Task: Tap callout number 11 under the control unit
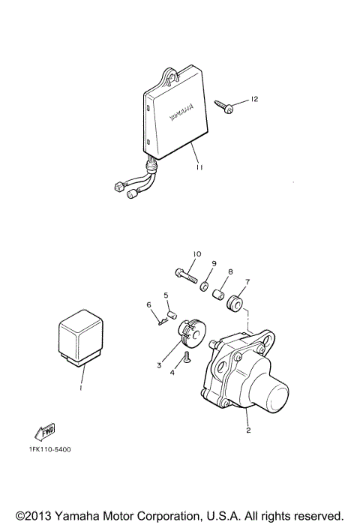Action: click(x=197, y=169)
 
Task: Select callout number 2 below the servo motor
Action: click(x=247, y=432)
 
